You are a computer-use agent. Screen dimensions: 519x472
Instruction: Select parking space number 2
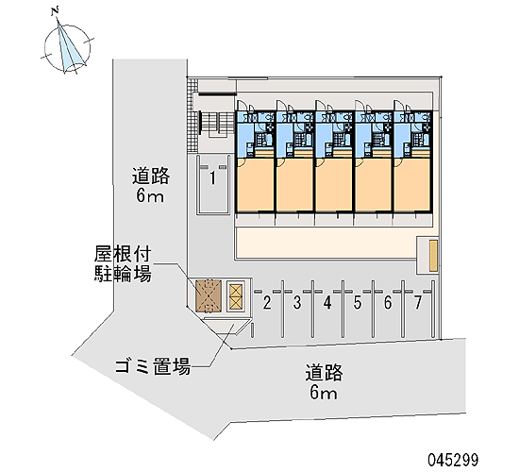click(x=267, y=303)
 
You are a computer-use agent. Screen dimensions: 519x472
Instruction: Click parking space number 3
click(x=297, y=303)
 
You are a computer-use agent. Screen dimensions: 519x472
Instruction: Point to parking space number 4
click(x=327, y=303)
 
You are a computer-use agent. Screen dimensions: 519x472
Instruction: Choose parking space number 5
click(x=358, y=303)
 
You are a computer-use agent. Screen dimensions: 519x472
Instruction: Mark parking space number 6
click(x=388, y=303)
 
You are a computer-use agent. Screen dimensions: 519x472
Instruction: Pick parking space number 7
click(x=418, y=303)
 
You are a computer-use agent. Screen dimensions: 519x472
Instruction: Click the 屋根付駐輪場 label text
click(x=123, y=263)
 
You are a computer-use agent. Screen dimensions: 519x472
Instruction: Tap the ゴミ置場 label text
click(x=153, y=366)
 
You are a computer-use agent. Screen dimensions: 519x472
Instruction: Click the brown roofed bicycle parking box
click(x=209, y=296)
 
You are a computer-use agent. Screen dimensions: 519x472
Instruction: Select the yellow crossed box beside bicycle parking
click(x=236, y=296)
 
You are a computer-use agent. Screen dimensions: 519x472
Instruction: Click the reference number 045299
click(x=453, y=460)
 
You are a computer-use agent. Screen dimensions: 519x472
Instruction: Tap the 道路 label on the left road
click(x=151, y=176)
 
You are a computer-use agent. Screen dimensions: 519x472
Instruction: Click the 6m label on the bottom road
click(x=324, y=393)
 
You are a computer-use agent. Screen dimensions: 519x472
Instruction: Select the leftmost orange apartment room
click(x=255, y=184)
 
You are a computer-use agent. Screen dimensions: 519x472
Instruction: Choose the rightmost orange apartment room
click(x=412, y=184)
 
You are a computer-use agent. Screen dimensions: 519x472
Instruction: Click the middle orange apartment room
click(x=334, y=184)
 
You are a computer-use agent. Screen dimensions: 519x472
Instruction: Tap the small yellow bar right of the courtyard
click(x=433, y=256)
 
